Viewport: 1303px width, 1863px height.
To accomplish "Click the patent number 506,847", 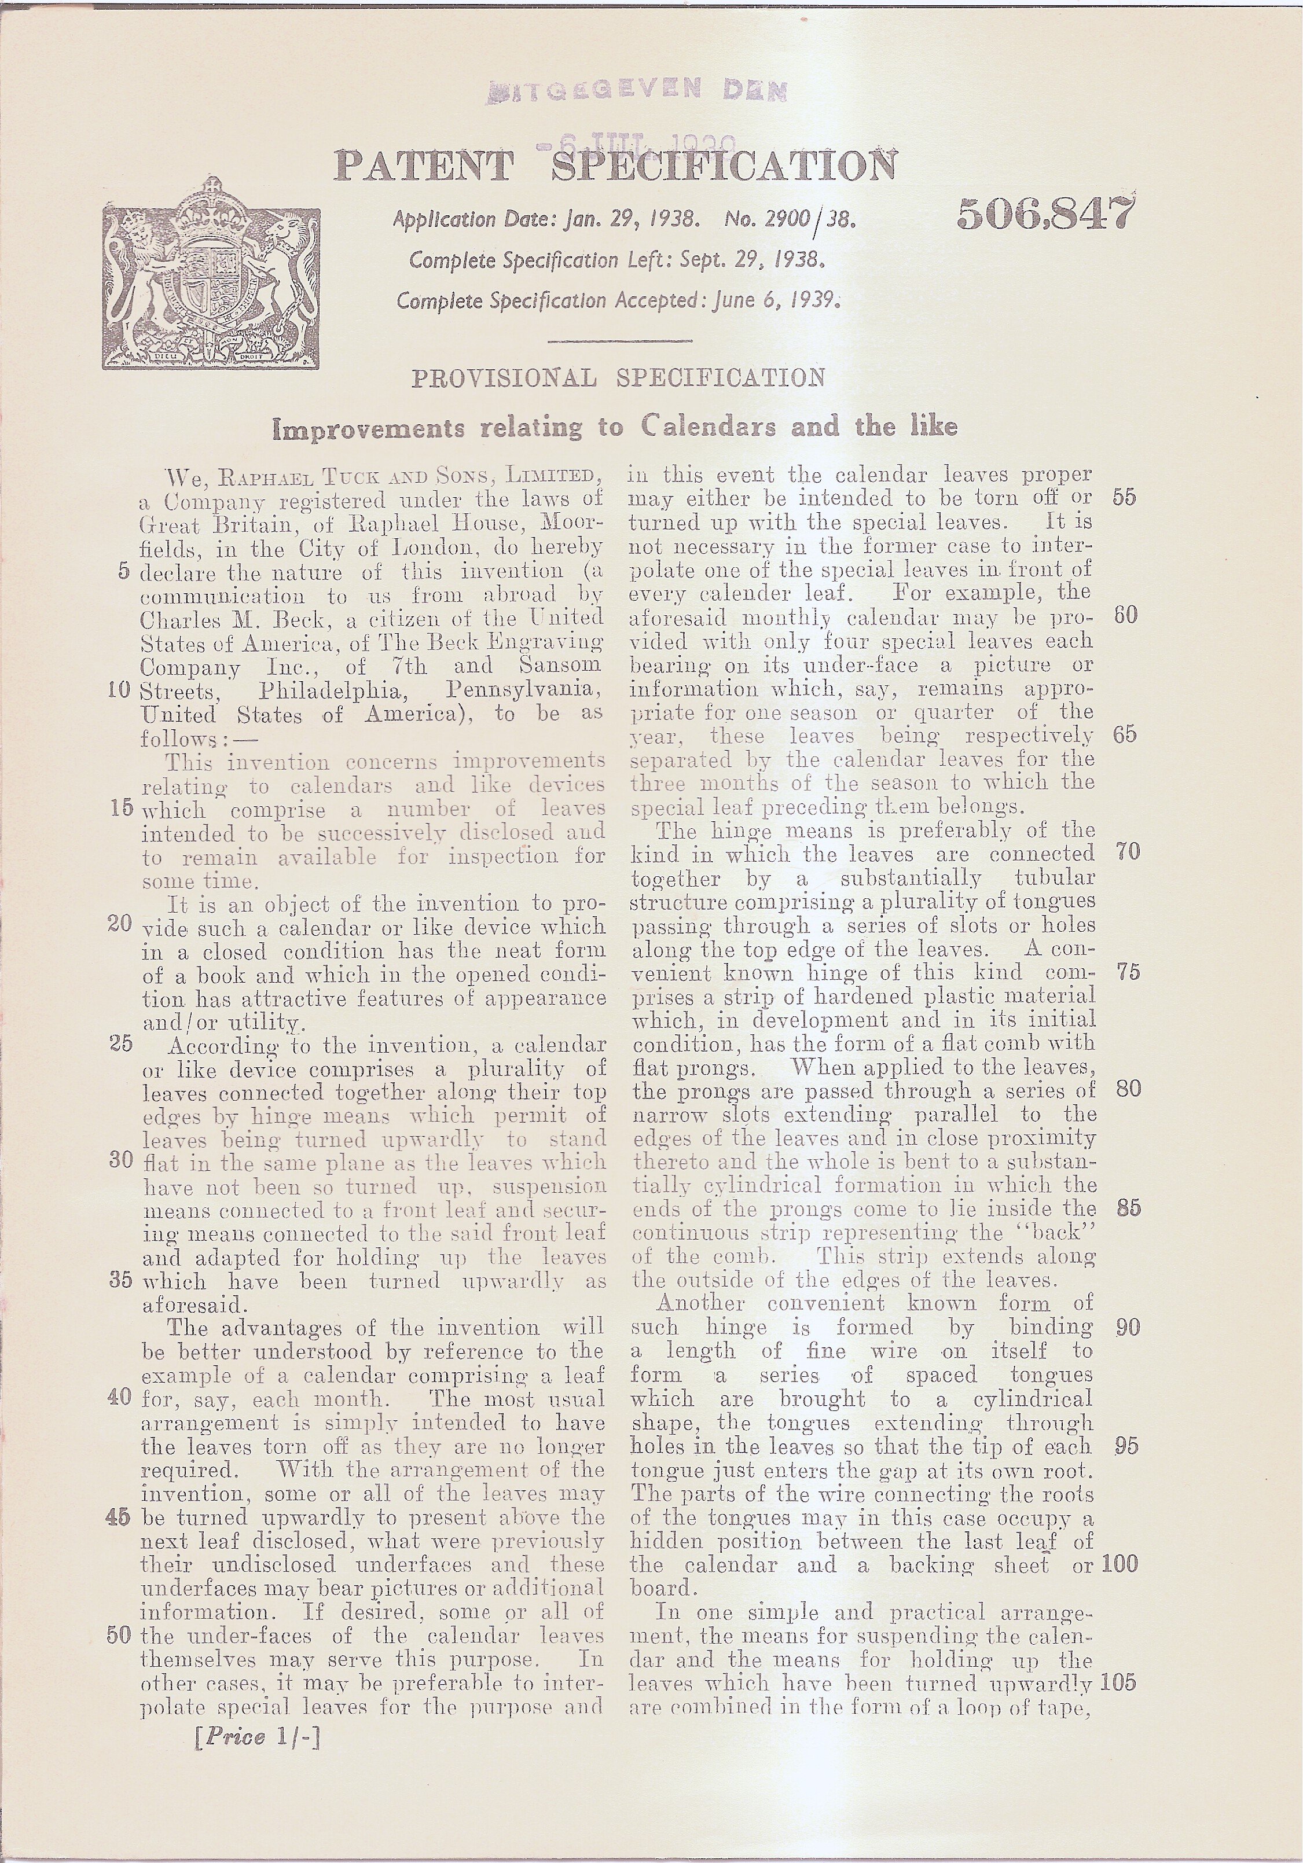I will (x=1045, y=214).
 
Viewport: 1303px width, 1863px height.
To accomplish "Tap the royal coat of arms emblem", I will (x=211, y=276).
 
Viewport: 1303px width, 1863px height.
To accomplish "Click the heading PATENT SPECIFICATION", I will (x=615, y=166).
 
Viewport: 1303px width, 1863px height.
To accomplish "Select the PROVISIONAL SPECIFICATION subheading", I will (x=618, y=378).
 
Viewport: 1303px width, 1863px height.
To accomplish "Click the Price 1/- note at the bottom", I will (x=257, y=1736).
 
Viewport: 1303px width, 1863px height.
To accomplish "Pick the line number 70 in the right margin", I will (x=1127, y=851).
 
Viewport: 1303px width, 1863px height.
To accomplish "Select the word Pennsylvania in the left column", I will (x=523, y=692).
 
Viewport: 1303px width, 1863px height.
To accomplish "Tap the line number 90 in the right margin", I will (x=1127, y=1328).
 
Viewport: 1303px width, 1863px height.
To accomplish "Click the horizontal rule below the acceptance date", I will (x=620, y=341).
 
